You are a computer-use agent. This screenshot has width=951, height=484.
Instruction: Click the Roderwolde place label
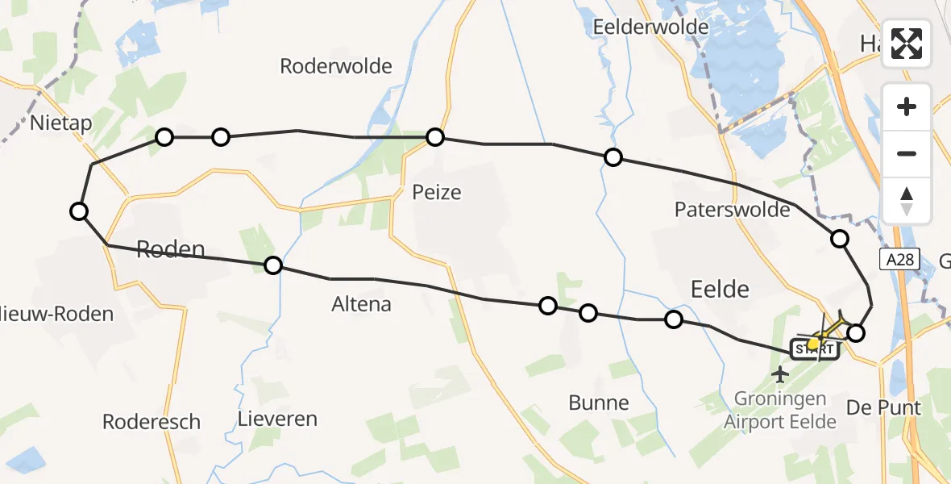tap(335, 66)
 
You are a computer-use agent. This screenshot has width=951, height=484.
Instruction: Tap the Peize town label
tap(436, 193)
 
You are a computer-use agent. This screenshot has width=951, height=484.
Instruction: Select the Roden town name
tap(171, 249)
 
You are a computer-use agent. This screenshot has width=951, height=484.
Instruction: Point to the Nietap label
tap(61, 123)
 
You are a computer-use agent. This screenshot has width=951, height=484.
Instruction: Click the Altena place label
tap(361, 304)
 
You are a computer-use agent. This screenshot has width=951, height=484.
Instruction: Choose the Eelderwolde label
tap(650, 27)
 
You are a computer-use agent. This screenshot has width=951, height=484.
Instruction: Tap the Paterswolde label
tap(732, 210)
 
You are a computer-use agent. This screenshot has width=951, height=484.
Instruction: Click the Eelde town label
tap(720, 289)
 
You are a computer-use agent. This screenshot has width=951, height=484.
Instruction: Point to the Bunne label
tap(598, 402)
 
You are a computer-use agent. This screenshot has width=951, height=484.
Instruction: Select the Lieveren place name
tap(277, 419)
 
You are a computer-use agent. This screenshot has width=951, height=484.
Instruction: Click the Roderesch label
tap(152, 422)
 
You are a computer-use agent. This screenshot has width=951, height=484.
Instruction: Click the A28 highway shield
tap(895, 258)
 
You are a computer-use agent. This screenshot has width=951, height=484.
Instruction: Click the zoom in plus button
tap(907, 106)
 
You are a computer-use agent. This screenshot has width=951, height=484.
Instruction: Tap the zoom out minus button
tap(907, 153)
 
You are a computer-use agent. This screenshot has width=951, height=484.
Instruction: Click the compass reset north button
tap(907, 200)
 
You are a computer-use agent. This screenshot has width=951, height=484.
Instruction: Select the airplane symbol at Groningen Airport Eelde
tap(779, 373)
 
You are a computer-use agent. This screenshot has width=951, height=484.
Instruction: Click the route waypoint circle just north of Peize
tap(435, 137)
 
